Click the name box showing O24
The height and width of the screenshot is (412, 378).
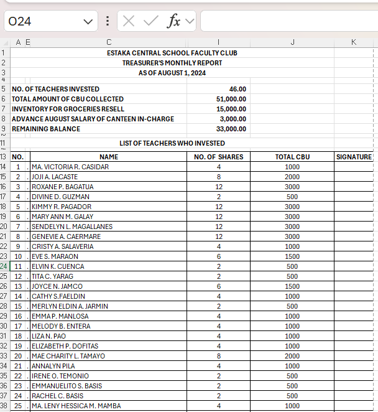point(44,21)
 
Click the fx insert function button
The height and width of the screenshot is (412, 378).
point(174,21)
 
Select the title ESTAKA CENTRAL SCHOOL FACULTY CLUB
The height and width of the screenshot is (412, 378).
point(172,53)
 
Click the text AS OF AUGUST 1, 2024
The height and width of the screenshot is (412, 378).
point(172,73)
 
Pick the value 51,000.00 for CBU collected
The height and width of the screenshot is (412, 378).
point(231,99)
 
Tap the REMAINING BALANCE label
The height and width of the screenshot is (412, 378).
point(46,129)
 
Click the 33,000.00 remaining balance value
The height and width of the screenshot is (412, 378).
point(231,129)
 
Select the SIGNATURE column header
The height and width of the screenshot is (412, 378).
point(354,157)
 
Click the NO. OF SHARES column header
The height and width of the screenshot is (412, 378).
point(218,157)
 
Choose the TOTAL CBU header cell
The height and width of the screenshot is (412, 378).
point(292,157)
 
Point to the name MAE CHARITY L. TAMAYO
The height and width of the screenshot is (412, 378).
point(68,356)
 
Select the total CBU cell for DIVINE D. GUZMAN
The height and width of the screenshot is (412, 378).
point(292,197)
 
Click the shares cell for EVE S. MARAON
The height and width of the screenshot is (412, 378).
point(219,256)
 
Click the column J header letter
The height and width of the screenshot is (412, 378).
point(292,42)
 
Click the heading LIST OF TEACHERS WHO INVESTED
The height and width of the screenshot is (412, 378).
point(172,143)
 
